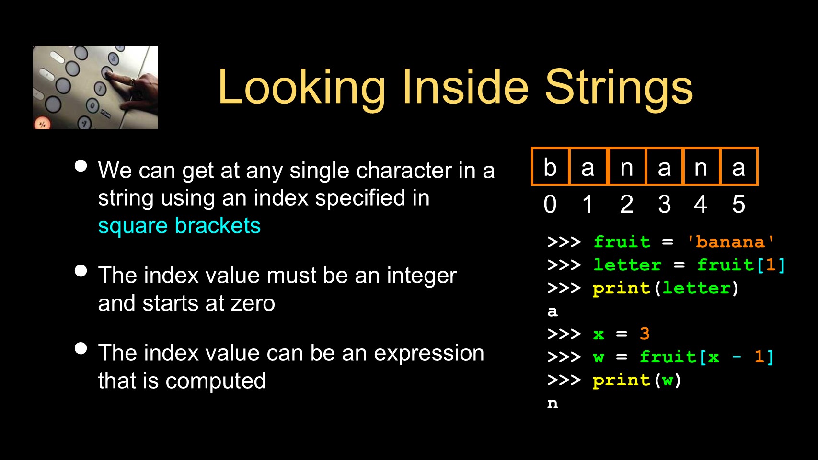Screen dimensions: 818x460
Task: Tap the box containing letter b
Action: pyautogui.click(x=550, y=166)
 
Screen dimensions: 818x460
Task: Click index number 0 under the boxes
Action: pyautogui.click(x=550, y=204)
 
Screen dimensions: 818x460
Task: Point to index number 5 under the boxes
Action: pyautogui.click(x=738, y=204)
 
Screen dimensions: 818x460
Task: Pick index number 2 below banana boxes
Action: pyautogui.click(x=627, y=204)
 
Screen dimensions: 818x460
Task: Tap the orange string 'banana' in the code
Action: pyautogui.click(x=730, y=241)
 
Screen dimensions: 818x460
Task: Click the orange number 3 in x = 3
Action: pyautogui.click(x=645, y=333)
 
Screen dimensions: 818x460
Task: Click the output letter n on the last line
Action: pyautogui.click(x=553, y=403)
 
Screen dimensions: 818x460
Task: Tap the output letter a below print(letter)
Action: pyautogui.click(x=553, y=311)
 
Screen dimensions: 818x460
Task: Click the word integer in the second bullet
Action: pyautogui.click(x=422, y=276)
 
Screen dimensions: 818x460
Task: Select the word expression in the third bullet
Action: pyautogui.click(x=429, y=354)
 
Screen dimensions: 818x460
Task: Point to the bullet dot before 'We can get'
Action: pyautogui.click(x=81, y=166)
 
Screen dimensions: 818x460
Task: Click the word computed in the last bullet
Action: pyautogui.click(x=216, y=381)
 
